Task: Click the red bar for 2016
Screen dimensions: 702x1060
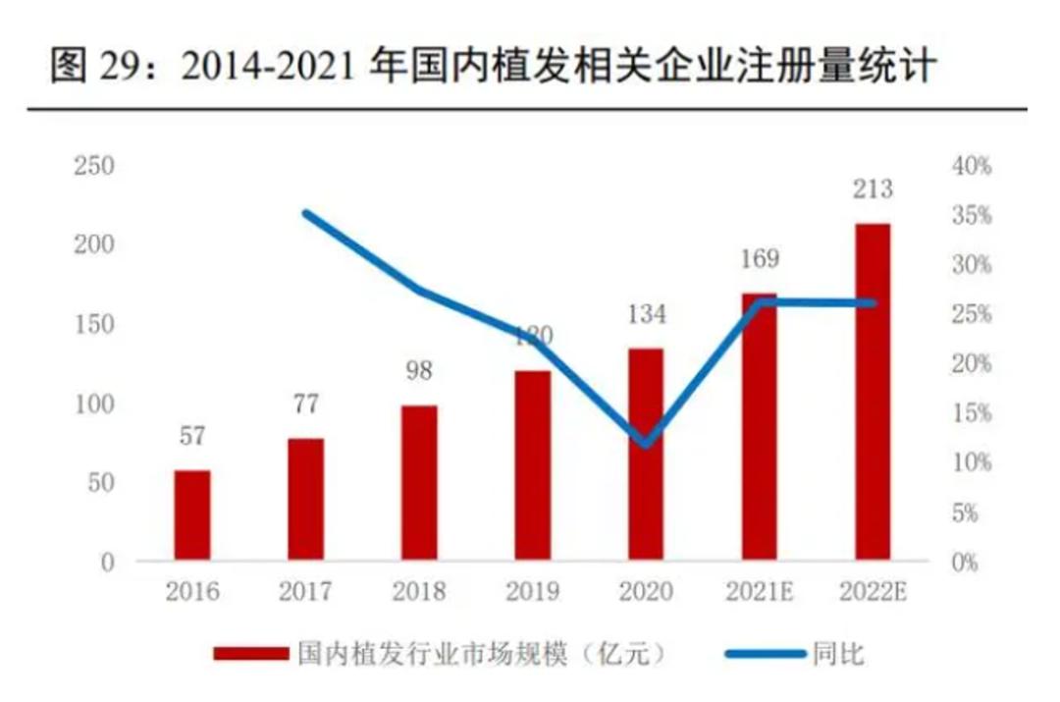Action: tap(192, 515)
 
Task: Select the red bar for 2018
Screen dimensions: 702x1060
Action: tap(419, 483)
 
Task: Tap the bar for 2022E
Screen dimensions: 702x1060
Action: tap(873, 393)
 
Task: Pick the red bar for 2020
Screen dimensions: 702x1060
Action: tap(646, 455)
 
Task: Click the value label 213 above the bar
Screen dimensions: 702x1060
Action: tap(873, 189)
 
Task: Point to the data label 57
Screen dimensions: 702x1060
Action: tap(192, 436)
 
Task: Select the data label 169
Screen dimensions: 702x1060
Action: tap(759, 259)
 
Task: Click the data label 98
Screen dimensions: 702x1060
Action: tap(419, 371)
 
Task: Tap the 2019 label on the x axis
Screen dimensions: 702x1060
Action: tap(532, 592)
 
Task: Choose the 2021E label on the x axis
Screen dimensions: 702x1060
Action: tap(759, 592)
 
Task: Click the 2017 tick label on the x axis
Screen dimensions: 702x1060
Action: tap(305, 592)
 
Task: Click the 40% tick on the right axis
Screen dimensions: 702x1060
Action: tap(972, 166)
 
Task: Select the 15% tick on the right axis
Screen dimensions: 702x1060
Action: tap(972, 413)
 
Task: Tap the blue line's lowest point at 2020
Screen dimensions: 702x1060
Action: tap(645, 442)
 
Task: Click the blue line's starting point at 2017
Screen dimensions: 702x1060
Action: tap(306, 213)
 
